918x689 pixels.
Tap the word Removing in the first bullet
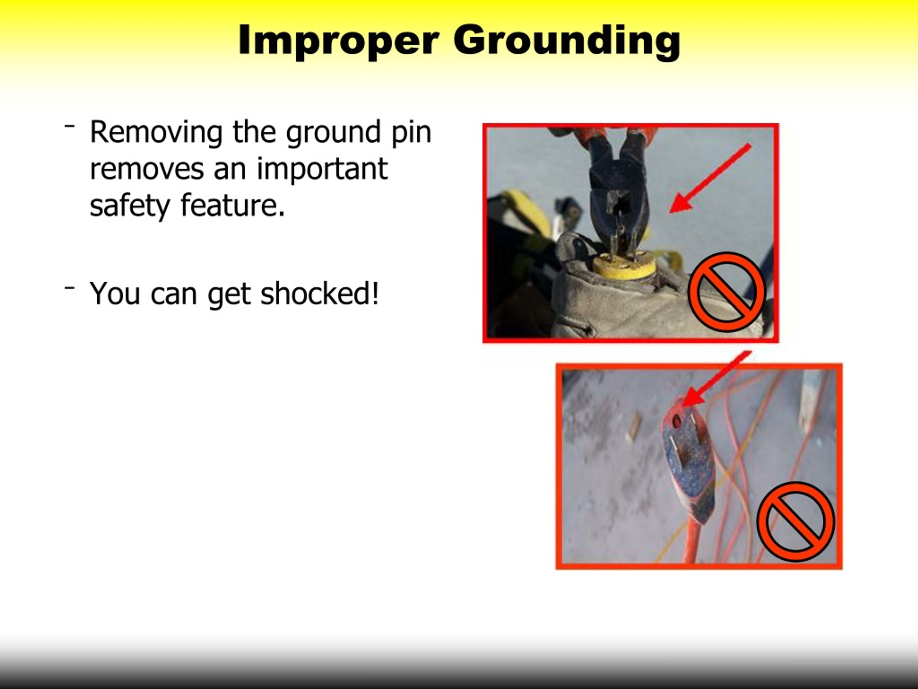coord(156,132)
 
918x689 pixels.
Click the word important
coord(322,169)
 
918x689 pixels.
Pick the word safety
coord(130,206)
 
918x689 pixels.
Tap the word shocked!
coord(320,293)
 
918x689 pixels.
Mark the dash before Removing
coord(69,125)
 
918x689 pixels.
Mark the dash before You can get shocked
coord(69,287)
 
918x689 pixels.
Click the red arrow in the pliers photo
coord(710,179)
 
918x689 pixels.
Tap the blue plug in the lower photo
coord(689,465)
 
